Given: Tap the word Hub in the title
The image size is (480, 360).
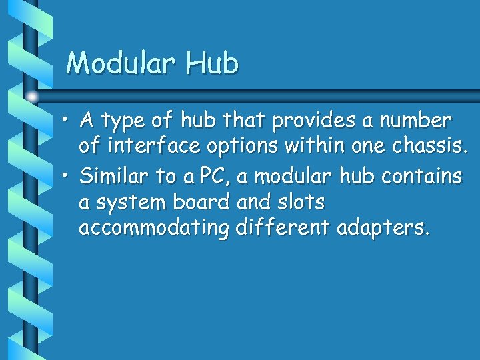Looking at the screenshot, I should [211, 63].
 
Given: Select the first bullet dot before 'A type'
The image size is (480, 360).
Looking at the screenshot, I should [67, 121].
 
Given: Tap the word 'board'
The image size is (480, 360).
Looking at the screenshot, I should [197, 201].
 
